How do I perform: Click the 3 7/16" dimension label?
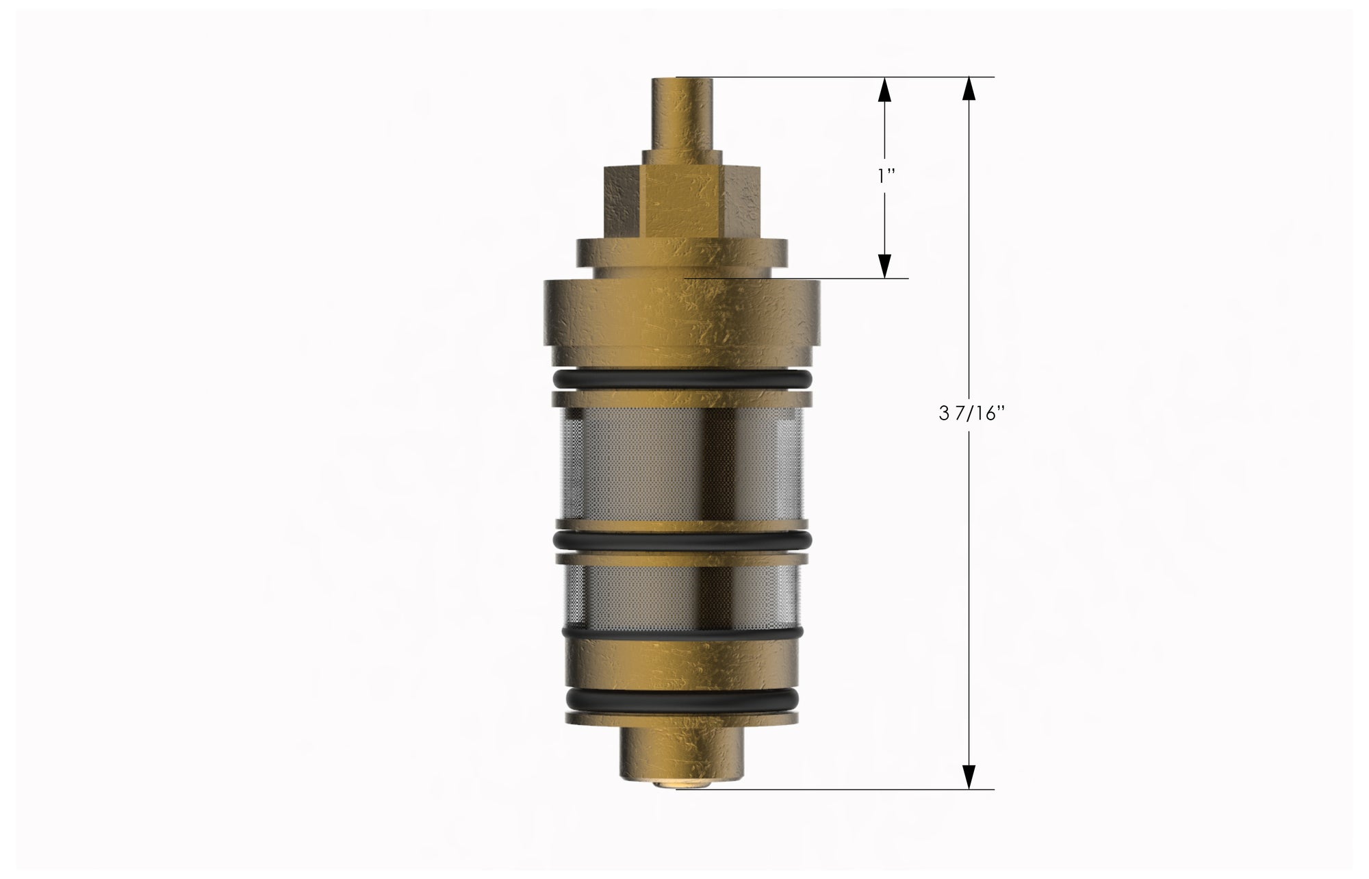(972, 415)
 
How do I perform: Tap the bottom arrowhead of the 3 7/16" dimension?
(969, 778)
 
